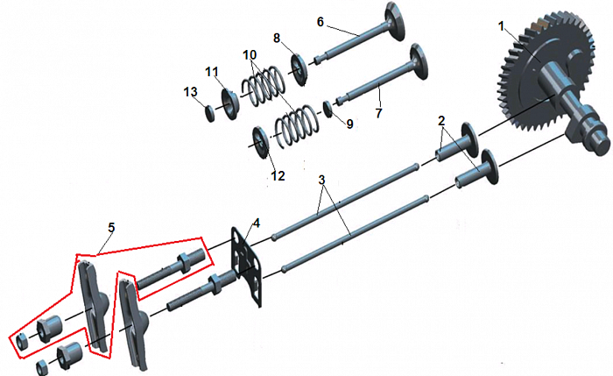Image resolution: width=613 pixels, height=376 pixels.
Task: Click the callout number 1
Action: click(502, 26)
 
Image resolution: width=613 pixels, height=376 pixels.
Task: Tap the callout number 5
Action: click(111, 228)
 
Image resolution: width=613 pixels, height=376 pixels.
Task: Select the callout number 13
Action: click(191, 92)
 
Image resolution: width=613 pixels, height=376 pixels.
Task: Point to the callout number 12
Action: click(278, 175)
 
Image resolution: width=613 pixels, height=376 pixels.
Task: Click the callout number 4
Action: click(256, 223)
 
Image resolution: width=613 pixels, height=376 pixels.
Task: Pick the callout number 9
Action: click(349, 124)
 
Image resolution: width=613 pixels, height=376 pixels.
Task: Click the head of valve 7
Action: click(419, 62)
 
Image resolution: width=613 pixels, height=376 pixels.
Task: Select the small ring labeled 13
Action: click(210, 113)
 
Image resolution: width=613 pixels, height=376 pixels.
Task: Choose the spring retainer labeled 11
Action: click(230, 104)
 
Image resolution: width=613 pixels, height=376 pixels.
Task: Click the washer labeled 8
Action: click(299, 69)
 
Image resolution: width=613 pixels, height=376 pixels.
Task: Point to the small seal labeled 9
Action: click(328, 109)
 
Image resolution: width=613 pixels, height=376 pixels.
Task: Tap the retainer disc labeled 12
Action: click(261, 142)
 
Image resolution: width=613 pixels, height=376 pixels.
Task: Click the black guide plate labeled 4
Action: click(246, 266)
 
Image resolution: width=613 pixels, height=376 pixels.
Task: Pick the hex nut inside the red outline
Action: click(22, 341)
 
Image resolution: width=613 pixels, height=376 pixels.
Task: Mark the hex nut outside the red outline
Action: click(42, 368)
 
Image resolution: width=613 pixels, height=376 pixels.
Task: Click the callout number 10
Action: click(250, 54)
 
